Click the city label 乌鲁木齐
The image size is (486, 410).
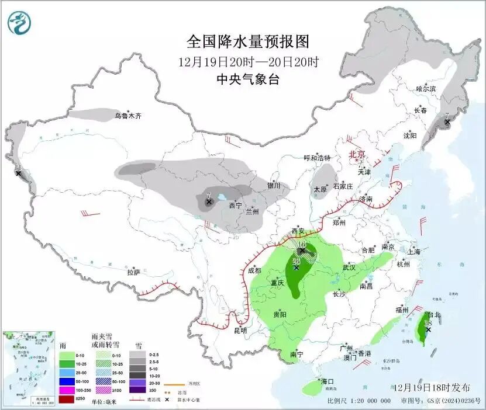pos(127,116)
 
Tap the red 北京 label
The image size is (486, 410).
pos(357,155)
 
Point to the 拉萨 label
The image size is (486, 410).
pos(134,272)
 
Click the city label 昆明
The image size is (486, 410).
pos(240,331)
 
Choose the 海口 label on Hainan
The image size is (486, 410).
pos(328,381)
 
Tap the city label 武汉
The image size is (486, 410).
pos(349,267)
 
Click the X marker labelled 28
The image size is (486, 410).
pos(297,268)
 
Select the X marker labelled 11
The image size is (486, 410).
pos(18,173)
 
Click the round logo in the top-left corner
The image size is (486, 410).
pos(19,23)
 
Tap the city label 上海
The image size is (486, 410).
pos(414,252)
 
